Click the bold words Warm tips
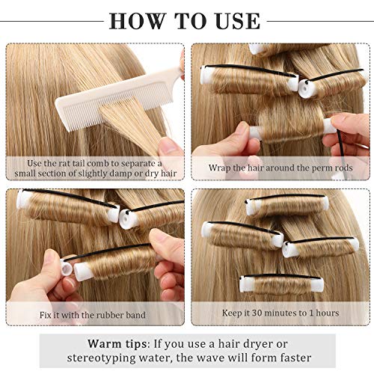point(118,343)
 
